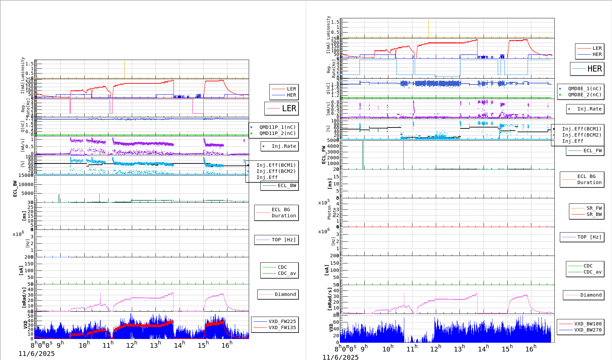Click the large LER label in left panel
(289, 108)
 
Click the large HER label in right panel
(594, 69)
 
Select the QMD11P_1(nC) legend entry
(277, 127)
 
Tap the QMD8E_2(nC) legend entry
(585, 95)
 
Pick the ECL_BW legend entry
(287, 185)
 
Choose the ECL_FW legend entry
(592, 151)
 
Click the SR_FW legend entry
(594, 208)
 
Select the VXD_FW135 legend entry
(282, 327)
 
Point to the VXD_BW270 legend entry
(588, 330)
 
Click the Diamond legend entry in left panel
(285, 294)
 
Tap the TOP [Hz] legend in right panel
(589, 237)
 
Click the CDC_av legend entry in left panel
(287, 273)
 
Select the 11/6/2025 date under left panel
(37, 354)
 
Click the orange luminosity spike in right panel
(428, 29)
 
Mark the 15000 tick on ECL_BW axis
(26, 175)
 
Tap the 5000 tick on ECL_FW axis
(333, 140)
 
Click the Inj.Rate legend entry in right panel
(589, 109)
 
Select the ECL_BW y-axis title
(15, 188)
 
